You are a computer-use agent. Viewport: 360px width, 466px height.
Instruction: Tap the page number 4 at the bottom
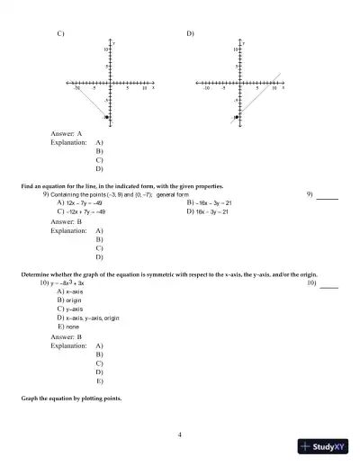click(x=180, y=435)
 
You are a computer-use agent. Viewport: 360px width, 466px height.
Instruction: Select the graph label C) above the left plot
click(x=60, y=33)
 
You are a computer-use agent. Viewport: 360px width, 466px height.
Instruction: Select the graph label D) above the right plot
click(x=191, y=33)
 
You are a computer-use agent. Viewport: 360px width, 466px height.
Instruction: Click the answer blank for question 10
click(x=329, y=286)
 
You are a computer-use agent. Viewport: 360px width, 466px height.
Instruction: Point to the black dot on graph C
click(x=106, y=117)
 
